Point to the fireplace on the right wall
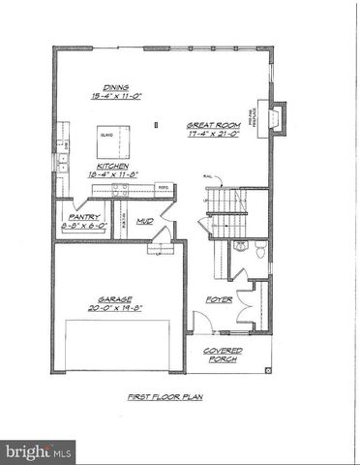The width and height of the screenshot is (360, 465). click(277, 118)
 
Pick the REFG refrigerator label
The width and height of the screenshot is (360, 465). click(164, 187)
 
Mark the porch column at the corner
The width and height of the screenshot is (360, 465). click(265, 369)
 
